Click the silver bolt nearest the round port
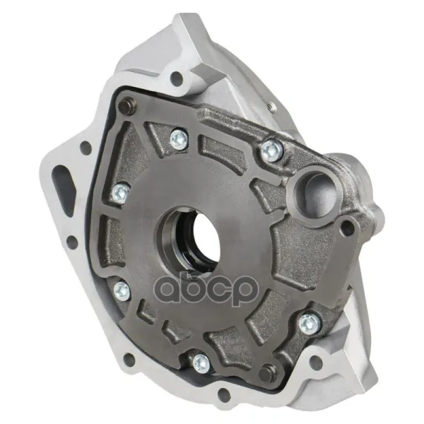(273, 151)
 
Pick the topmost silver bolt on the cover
(179, 139)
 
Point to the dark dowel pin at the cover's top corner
(127, 106)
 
